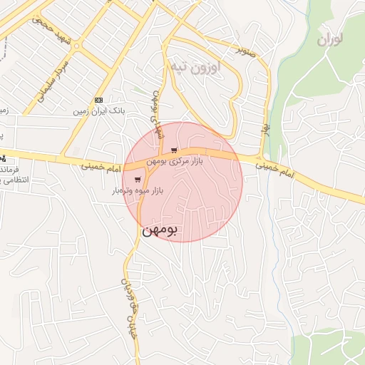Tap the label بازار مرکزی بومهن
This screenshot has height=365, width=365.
click(x=175, y=162)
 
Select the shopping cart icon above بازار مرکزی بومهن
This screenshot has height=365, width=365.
click(x=175, y=150)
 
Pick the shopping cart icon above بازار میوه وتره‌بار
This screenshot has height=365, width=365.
click(x=137, y=180)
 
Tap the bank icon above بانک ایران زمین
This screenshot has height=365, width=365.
click(x=98, y=101)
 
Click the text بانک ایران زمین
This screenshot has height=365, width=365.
click(x=98, y=112)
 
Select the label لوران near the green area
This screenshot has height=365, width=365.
click(x=330, y=38)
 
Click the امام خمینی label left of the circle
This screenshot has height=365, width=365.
click(x=90, y=165)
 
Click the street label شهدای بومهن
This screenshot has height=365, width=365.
click(x=155, y=110)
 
